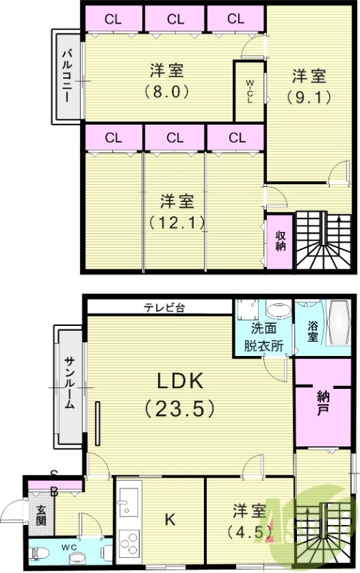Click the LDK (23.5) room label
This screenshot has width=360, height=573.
pos(180,393)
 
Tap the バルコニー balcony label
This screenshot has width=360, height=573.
pos(65,75)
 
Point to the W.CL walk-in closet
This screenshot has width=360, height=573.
pos(250,92)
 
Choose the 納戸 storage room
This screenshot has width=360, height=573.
pos(322,405)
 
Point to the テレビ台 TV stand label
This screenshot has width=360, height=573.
pos(164,308)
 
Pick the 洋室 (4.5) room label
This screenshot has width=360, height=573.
pos(250,521)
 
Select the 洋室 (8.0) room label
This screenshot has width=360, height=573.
pos(168,81)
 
